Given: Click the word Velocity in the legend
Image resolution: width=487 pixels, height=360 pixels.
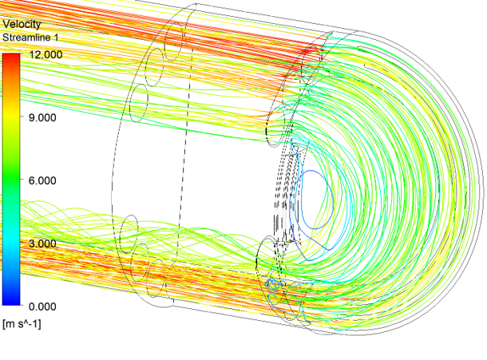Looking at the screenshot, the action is [22, 24].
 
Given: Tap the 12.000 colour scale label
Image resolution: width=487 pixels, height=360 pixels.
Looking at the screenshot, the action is [46, 54].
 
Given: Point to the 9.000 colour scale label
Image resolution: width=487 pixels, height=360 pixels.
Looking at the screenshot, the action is [42, 117].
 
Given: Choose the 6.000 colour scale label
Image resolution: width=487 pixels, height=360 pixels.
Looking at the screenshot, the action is [42, 180].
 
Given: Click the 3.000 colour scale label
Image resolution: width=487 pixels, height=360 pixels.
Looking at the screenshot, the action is [42, 243].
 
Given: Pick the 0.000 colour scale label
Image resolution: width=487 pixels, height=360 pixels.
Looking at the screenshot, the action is [42, 307].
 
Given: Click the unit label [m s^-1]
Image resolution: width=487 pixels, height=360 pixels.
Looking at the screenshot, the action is [22, 324].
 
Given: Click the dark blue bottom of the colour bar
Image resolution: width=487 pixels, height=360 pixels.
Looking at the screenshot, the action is [11, 302].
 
